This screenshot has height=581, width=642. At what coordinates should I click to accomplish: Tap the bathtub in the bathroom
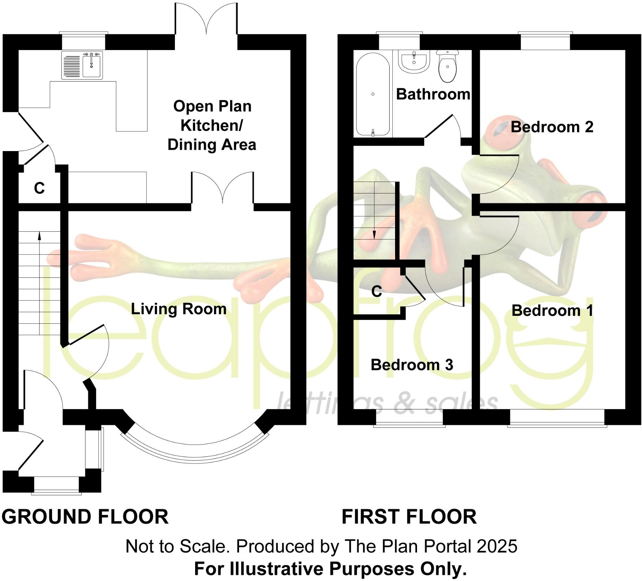[373, 94]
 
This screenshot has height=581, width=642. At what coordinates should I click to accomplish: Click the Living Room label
[179, 309]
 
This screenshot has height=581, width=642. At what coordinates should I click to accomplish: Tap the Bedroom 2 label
[552, 127]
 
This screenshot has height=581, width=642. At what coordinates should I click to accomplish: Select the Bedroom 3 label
[412, 365]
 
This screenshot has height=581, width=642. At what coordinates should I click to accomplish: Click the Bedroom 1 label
[552, 311]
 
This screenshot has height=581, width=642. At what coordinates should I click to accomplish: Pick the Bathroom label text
[433, 94]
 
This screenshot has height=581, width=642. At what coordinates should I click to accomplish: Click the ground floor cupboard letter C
[39, 188]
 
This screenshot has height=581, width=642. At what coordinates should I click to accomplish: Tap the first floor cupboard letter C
[377, 292]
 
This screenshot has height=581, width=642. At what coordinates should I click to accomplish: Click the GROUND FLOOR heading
[85, 517]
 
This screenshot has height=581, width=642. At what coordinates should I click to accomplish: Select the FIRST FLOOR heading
[409, 517]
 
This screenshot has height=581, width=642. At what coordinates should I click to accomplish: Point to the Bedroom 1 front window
[557, 418]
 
